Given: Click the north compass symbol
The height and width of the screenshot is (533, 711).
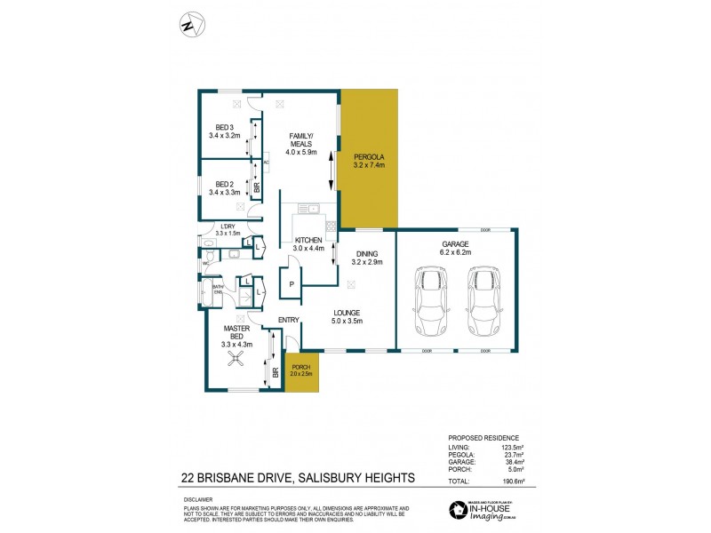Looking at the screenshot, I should pyautogui.click(x=188, y=25).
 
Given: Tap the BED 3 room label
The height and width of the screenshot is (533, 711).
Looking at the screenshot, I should pyautogui.click(x=225, y=126).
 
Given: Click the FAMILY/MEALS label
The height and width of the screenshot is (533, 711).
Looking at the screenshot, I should pyautogui.click(x=301, y=141).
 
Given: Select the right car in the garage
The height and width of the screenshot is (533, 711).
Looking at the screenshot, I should pyautogui.click(x=483, y=302).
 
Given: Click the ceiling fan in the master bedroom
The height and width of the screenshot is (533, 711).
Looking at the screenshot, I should pyautogui.click(x=236, y=358).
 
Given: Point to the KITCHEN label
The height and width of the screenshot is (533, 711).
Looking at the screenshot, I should pyautogui.click(x=308, y=241).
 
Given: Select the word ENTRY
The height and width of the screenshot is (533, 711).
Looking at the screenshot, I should pyautogui.click(x=288, y=320).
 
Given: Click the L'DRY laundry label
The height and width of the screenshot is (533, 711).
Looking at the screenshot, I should pyautogui.click(x=228, y=227).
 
